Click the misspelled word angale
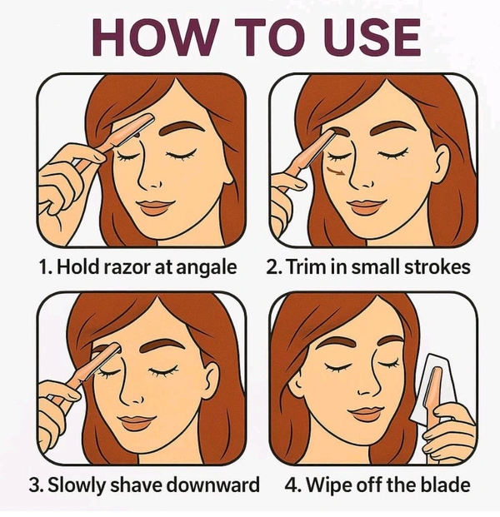coord(207,267)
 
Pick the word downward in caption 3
coord(212,485)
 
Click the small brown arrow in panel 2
coord(336,171)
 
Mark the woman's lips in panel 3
coord(137,422)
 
